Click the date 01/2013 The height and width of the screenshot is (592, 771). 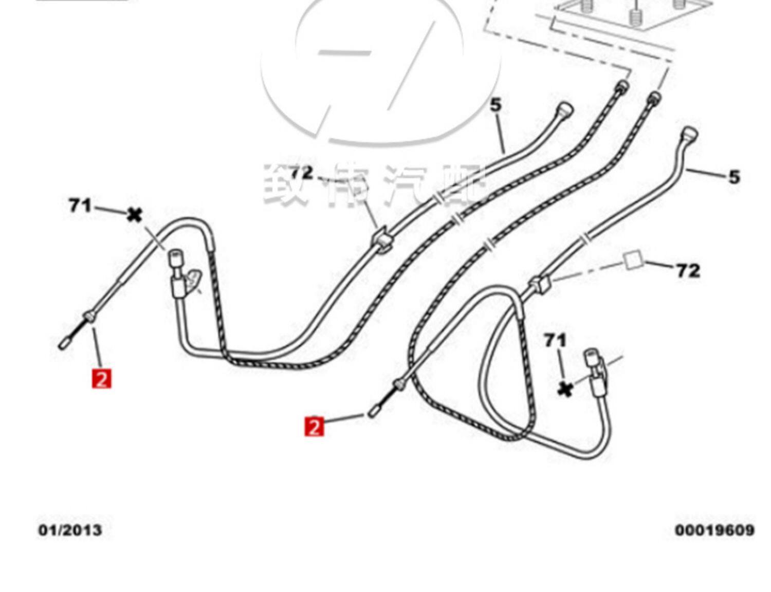click(70, 529)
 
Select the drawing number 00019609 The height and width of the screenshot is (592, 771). click(714, 529)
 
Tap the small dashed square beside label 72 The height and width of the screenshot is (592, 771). click(633, 260)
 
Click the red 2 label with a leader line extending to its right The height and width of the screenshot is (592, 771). click(314, 426)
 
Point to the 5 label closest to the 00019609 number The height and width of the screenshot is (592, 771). click(734, 177)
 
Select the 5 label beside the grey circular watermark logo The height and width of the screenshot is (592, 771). click(495, 105)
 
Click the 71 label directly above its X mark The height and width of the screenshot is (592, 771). click(555, 340)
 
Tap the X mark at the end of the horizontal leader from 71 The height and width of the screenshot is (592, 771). click(134, 214)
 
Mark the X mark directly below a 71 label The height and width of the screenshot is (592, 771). click(565, 390)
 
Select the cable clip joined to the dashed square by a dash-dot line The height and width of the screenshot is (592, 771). click(539, 284)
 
